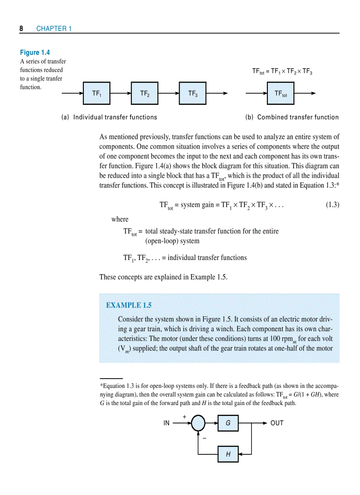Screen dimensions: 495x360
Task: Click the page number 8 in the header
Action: click(21, 29)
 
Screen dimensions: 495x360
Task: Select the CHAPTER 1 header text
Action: click(54, 29)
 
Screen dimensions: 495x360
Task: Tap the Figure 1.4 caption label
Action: click(35, 52)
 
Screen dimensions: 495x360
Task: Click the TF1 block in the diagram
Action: click(97, 93)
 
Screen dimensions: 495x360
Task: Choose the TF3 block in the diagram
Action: click(193, 93)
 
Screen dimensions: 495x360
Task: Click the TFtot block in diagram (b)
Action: click(281, 93)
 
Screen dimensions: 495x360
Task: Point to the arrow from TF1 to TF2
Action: click(120, 93)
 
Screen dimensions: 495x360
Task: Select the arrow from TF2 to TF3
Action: click(169, 93)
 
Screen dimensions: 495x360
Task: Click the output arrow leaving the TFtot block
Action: click(304, 93)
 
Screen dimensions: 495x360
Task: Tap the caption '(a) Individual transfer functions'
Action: click(109, 117)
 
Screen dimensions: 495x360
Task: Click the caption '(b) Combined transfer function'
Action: click(292, 117)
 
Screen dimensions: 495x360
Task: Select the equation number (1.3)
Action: click(332, 205)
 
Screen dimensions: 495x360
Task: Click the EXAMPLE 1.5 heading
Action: click(129, 305)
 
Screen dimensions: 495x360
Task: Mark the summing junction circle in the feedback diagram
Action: click(198, 423)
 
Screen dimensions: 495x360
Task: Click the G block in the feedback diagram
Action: click(228, 423)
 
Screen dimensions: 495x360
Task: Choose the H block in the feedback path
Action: click(228, 454)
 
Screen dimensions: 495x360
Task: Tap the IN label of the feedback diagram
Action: click(166, 423)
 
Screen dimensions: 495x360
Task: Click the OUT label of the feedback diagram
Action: click(277, 423)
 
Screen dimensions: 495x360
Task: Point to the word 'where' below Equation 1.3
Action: click(120, 220)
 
